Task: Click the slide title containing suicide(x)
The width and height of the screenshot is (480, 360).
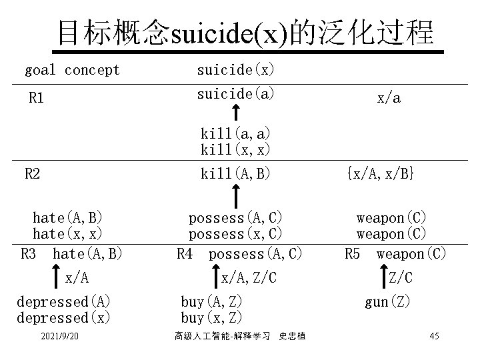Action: click(245, 33)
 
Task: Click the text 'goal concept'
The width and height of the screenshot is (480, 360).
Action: click(72, 70)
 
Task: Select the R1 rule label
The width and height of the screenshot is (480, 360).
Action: click(36, 98)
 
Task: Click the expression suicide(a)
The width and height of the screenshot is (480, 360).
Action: click(235, 94)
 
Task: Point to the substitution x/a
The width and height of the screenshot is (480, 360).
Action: click(389, 98)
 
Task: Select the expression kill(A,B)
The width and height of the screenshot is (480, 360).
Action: click(235, 175)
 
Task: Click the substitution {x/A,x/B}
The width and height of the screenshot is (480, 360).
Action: click(381, 175)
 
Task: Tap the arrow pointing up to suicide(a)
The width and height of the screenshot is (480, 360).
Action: click(235, 113)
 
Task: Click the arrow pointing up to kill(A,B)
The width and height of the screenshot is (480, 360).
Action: click(235, 195)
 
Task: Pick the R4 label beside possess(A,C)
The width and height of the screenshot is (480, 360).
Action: click(184, 254)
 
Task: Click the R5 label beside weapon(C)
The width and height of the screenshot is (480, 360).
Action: click(352, 254)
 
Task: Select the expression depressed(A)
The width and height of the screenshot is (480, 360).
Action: click(63, 301)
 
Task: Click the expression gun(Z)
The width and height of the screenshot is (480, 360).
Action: click(388, 302)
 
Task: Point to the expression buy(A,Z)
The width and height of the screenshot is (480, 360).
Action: click(212, 301)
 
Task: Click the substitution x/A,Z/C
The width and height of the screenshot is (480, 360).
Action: click(249, 277)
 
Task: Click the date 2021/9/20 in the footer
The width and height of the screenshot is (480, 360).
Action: click(61, 337)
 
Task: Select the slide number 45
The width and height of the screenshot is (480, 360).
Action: click(434, 336)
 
